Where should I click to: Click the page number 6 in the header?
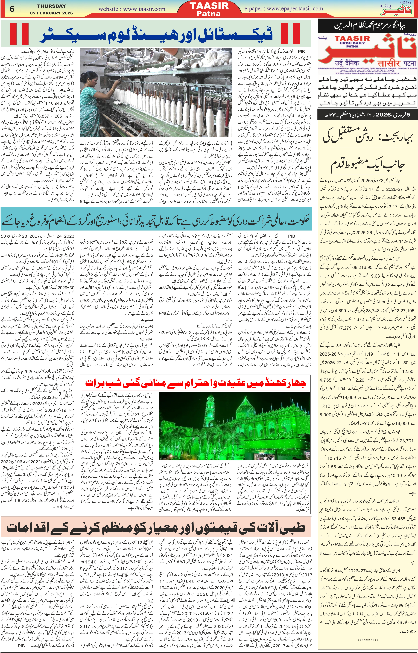click(12, 9)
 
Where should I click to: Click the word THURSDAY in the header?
click(51, 6)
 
